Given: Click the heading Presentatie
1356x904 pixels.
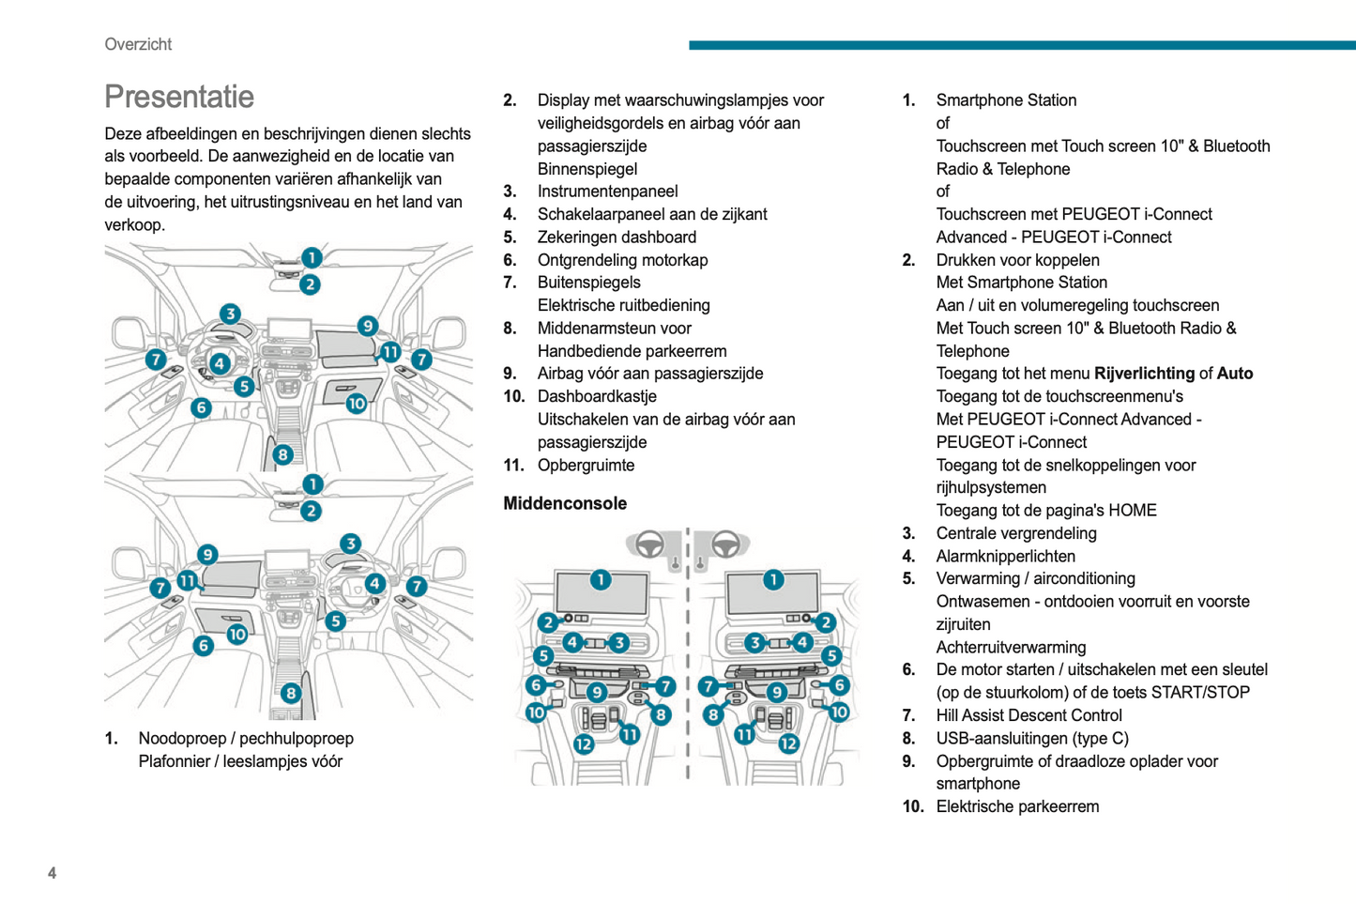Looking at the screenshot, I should coord(178,97).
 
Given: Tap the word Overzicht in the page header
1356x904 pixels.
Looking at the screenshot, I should coord(138,44).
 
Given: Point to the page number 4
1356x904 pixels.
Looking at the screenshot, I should coord(52,873).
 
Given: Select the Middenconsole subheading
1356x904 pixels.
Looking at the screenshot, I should coord(565,503).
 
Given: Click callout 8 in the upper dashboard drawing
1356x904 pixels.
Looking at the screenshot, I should coord(282,455).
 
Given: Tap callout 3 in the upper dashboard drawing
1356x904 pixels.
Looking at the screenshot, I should coord(230,314).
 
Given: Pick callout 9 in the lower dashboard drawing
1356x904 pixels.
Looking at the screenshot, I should coord(207,555).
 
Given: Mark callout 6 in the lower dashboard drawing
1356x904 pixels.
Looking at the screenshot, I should coord(204,646).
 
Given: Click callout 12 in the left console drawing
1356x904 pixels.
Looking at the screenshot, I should coord(584,744).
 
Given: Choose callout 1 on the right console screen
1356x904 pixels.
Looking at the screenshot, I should coord(773,580).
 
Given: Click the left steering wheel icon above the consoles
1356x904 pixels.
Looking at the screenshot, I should coord(649,544).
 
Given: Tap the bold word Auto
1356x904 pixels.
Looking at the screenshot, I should coord(1234,374).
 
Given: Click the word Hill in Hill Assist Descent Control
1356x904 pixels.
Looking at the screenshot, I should coord(950,715).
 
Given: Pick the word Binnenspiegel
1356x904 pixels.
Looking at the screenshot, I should coord(587,169).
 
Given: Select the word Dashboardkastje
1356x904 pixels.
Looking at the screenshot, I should coord(597,396).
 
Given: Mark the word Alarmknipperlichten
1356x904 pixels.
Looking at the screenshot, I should coord(1005,556).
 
